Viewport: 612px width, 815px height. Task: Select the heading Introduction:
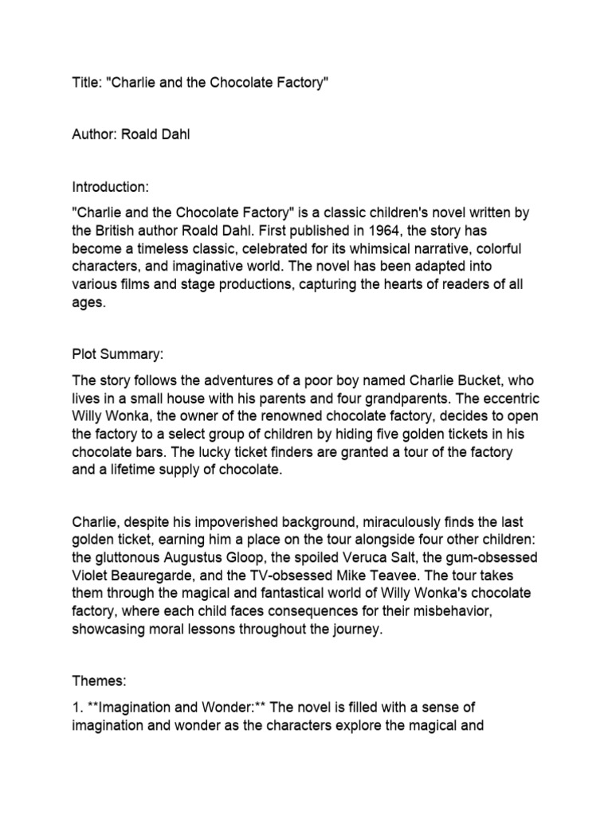coord(110,187)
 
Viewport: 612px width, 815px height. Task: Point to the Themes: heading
coord(100,682)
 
